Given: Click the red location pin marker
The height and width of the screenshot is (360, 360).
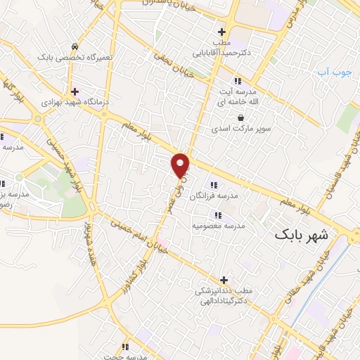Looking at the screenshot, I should click(x=181, y=164).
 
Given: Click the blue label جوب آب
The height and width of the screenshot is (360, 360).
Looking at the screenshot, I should click(x=328, y=72).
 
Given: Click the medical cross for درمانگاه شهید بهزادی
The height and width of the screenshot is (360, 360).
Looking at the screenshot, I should click(x=75, y=91).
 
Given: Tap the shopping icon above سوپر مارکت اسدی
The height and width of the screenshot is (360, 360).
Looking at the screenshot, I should click(x=240, y=117).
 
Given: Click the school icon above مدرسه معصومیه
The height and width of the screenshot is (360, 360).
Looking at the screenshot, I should click(x=218, y=214).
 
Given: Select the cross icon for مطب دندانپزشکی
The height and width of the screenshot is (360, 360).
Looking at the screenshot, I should click(x=224, y=280).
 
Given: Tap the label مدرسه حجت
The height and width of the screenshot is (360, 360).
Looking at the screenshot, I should click(x=124, y=356).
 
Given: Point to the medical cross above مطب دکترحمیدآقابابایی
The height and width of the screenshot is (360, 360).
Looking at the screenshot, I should click(x=222, y=32).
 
